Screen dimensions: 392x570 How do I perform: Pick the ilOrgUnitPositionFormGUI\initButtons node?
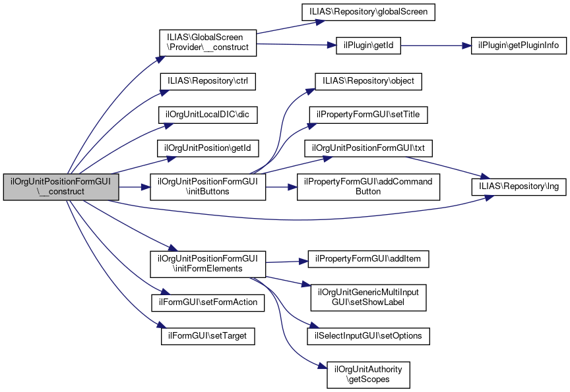pos(208,187)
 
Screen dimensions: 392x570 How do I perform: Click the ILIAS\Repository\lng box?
pos(519,187)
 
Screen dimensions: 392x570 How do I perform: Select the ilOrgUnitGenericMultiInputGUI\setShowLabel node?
pos(369,297)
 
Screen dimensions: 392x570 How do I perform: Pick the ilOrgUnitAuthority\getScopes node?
pos(369,374)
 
